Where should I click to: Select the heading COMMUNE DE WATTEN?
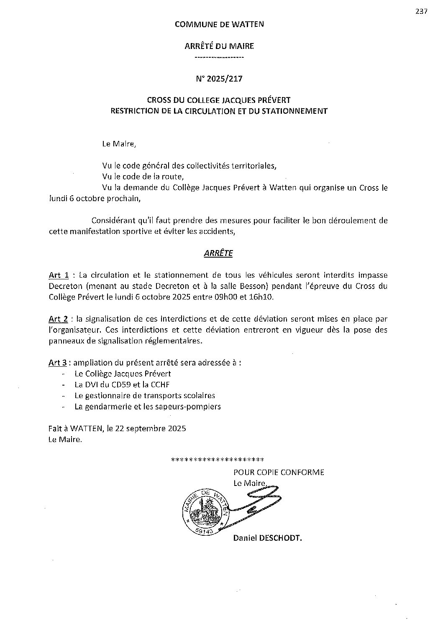tap(219, 24)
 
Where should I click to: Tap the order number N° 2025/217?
tap(219, 78)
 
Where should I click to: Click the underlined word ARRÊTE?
tap(218, 253)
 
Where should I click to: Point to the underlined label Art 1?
tap(59, 275)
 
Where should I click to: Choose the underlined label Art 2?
tap(59, 319)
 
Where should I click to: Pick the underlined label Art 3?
tap(58, 363)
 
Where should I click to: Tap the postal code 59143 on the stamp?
tap(204, 531)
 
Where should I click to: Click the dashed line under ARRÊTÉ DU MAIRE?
tap(219, 57)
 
